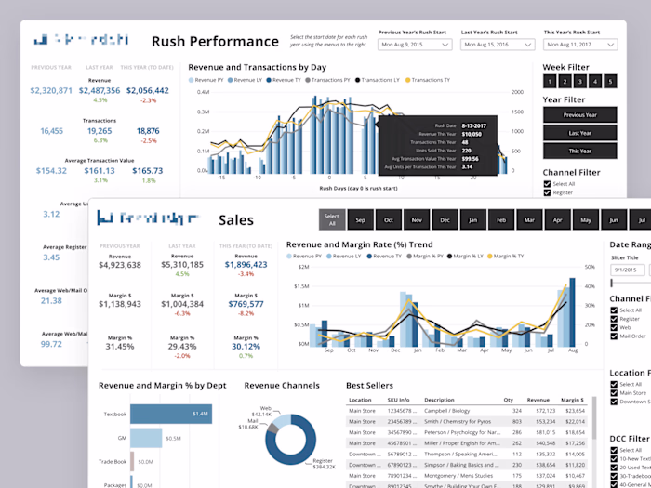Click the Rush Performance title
pos(215,41)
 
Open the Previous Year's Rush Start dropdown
pos(415,44)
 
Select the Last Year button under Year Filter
pos(580,133)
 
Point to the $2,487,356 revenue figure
pos(100,90)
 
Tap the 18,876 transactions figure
pos(148,131)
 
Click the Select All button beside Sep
pos(330,219)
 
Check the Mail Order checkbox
pos(614,336)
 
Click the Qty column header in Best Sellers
pos(509,399)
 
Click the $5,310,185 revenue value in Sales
pos(182,265)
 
